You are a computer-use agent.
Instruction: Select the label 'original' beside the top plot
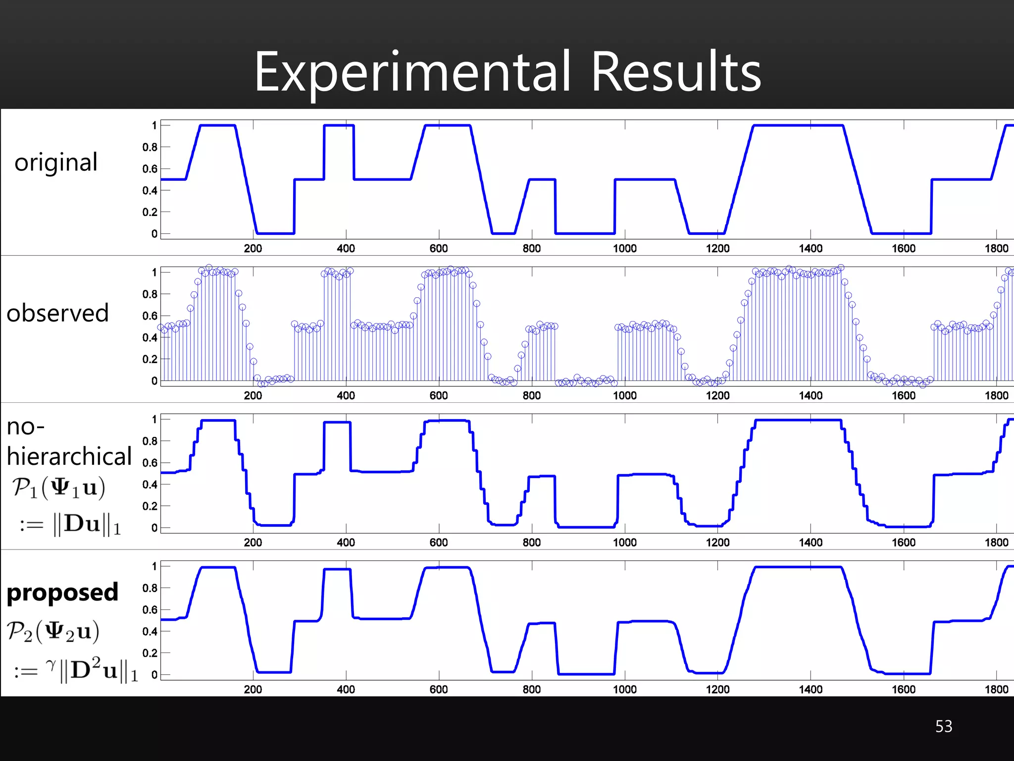click(x=56, y=163)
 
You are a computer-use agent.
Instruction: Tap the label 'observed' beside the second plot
click(x=57, y=313)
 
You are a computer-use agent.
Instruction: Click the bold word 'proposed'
click(x=62, y=592)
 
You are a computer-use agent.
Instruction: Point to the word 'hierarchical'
click(x=69, y=456)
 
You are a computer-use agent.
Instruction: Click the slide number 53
click(x=943, y=726)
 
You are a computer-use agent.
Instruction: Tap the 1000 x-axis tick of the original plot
click(x=624, y=248)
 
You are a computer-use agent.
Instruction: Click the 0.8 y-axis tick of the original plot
click(x=150, y=147)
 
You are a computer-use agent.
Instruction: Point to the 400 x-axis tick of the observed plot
click(x=346, y=395)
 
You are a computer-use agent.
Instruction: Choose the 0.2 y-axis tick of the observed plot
click(x=150, y=359)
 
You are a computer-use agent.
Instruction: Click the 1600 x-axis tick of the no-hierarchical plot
click(x=903, y=543)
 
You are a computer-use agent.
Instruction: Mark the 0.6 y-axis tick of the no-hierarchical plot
click(x=150, y=463)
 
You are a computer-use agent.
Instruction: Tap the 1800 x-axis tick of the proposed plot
click(x=996, y=689)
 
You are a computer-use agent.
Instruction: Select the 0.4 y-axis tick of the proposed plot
click(x=150, y=631)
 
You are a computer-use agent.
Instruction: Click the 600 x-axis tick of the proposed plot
click(x=438, y=689)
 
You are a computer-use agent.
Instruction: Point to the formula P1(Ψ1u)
click(x=58, y=488)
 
